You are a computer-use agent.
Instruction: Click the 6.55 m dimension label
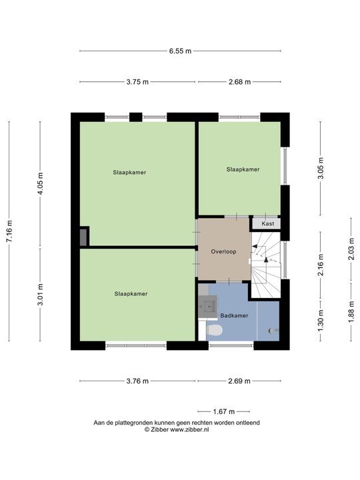click(x=180, y=51)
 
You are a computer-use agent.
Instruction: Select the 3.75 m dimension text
click(x=137, y=82)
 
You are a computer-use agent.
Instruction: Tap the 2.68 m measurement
click(x=239, y=82)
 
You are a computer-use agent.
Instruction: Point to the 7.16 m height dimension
click(x=9, y=231)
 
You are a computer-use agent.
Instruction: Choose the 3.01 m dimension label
click(x=40, y=295)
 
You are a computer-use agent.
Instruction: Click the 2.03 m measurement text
click(x=351, y=249)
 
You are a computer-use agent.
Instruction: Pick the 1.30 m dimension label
click(x=321, y=320)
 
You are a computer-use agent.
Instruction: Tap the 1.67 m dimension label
click(x=224, y=411)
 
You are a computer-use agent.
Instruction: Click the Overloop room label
click(x=223, y=251)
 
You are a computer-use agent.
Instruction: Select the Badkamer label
click(x=234, y=315)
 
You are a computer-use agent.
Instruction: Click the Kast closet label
click(x=268, y=223)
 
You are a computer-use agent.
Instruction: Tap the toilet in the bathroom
click(x=214, y=331)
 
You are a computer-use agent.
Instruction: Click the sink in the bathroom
click(x=208, y=306)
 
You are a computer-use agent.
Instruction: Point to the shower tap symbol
click(x=273, y=331)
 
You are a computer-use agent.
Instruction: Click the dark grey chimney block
click(x=83, y=237)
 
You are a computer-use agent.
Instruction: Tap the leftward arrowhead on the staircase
click(x=254, y=246)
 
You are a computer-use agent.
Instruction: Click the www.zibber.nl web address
click(x=189, y=429)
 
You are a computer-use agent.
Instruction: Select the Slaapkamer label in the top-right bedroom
click(x=243, y=169)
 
